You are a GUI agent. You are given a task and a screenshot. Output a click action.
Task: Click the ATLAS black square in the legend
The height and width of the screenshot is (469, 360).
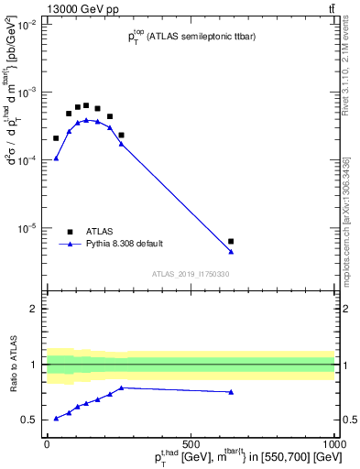70,232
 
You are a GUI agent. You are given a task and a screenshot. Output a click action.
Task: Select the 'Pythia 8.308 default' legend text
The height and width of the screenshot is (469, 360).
125,244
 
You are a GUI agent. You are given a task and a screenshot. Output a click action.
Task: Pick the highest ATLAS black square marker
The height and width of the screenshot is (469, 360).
86,105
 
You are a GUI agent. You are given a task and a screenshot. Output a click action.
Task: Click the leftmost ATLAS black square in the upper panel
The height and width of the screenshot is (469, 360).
56,138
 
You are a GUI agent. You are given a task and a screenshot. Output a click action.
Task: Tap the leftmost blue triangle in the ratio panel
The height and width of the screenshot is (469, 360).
56,418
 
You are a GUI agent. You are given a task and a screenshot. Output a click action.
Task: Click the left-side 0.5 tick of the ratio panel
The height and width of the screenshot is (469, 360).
32,420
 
